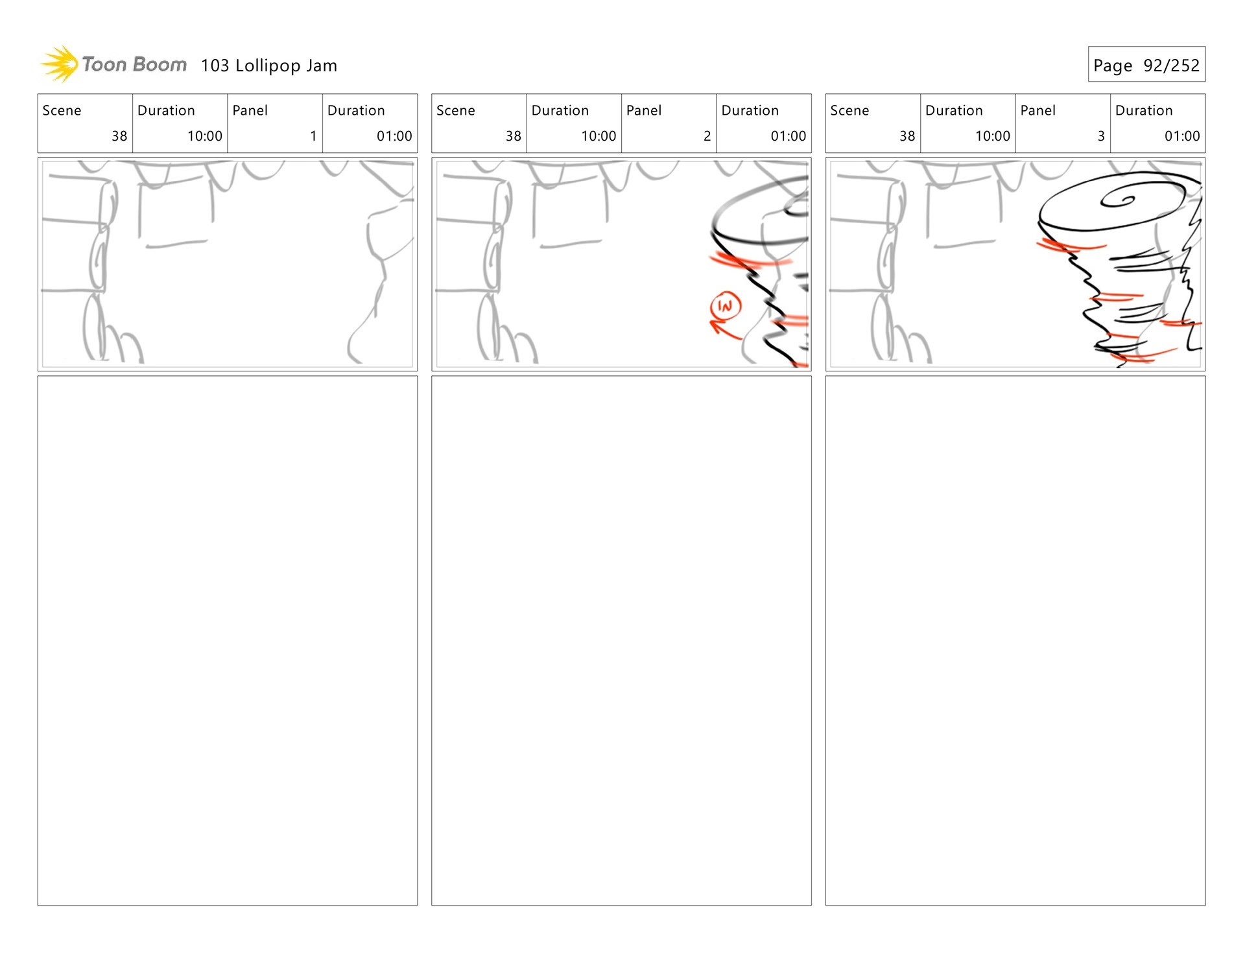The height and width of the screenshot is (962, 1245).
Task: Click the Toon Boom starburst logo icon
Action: point(60,64)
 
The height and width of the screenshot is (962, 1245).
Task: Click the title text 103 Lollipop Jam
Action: point(268,65)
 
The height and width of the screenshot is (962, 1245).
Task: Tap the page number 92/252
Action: point(1171,65)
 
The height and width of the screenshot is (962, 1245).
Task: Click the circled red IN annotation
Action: point(725,306)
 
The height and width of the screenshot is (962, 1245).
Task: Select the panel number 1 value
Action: point(313,136)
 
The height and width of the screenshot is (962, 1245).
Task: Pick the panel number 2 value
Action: point(707,136)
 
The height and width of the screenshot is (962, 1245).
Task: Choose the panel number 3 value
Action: point(1100,136)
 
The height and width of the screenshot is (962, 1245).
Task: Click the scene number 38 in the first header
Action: point(119,136)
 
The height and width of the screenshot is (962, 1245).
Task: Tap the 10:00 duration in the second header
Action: point(598,136)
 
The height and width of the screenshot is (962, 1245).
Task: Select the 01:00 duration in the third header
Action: point(1181,136)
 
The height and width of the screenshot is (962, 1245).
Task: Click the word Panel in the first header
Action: point(250,111)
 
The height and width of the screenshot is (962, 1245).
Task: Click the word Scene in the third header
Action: point(849,111)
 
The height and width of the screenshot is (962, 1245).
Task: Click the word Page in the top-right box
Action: point(1113,65)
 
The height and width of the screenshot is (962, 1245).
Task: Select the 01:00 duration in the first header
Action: point(394,136)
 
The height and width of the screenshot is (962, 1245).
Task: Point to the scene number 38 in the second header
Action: point(513,136)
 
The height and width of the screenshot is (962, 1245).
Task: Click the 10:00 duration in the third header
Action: point(992,136)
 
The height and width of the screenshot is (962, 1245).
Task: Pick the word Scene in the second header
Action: point(455,111)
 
